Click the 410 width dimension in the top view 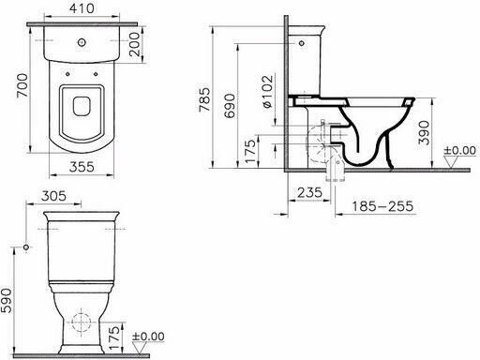pyautogui.click(x=82, y=8)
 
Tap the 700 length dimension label pyautogui.click(x=22, y=85)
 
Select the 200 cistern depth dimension pyautogui.click(x=135, y=44)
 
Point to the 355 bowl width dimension pyautogui.click(x=82, y=167)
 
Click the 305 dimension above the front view pyautogui.click(x=53, y=196)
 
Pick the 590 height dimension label pyautogui.click(x=7, y=301)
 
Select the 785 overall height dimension pyautogui.click(x=205, y=99)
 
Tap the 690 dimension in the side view pyautogui.click(x=230, y=106)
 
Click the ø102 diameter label pyautogui.click(x=268, y=91)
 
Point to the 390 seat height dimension pyautogui.click(x=424, y=133)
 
